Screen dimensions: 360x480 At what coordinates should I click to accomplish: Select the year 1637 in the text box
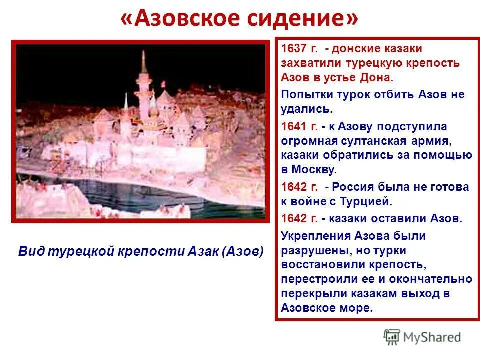[x=292, y=48]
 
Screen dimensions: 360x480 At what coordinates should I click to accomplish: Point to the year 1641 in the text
[x=292, y=126]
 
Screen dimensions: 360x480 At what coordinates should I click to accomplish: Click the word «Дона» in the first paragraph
[x=380, y=78]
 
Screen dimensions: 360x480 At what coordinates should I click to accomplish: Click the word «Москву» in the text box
[x=313, y=170]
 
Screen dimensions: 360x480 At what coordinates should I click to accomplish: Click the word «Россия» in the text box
[x=353, y=187]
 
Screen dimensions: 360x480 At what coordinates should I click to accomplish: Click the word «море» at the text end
[x=357, y=308]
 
